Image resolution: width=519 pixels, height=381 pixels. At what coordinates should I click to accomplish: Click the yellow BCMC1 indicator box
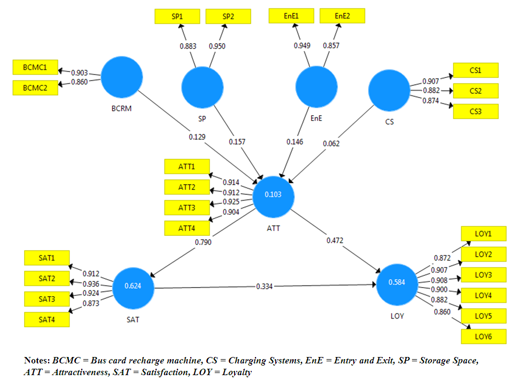[35, 68]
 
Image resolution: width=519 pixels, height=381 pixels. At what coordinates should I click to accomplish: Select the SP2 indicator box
[228, 16]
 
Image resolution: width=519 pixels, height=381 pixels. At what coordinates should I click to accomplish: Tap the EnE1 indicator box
[291, 16]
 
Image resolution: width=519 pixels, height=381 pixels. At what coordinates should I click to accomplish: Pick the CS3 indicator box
[476, 112]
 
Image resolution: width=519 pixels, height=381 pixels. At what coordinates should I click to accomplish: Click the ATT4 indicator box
[187, 228]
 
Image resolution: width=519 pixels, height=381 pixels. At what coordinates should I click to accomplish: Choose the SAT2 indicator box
[47, 279]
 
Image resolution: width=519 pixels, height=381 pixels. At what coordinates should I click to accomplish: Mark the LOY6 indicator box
[483, 336]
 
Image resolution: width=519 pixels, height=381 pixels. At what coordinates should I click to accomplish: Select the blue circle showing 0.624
[133, 286]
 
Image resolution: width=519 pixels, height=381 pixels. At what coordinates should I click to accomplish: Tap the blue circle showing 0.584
[397, 282]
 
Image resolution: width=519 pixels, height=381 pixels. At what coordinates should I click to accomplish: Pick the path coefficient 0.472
[335, 240]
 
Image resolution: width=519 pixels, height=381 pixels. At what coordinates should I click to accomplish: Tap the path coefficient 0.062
[331, 143]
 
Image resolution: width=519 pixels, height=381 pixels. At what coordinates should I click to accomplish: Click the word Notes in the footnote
[37, 361]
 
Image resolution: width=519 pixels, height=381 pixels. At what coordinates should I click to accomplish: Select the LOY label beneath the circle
[397, 316]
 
